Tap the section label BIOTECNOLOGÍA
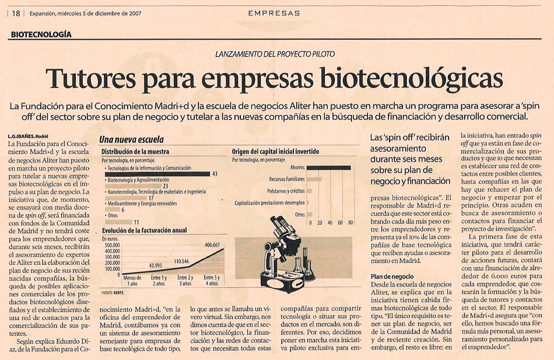pyautogui.click(x=41, y=34)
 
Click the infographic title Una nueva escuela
pyautogui.click(x=131, y=140)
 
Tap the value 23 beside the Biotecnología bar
pyautogui.click(x=165, y=186)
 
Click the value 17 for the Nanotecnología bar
pyautogui.click(x=151, y=198)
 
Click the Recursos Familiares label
pyautogui.click(x=286, y=179)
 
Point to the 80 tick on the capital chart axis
pyautogui.click(x=351, y=223)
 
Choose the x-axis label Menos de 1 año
pyautogui.click(x=132, y=281)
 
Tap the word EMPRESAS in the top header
pyautogui.click(x=274, y=13)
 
